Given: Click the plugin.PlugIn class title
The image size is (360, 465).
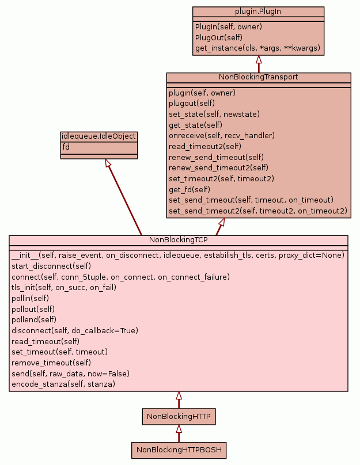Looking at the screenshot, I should click(259, 11).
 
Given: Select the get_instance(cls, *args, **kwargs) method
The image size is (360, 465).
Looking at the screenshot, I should click(257, 48).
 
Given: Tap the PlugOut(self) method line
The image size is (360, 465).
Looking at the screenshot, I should click(218, 37).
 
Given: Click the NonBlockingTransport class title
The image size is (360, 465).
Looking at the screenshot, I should click(259, 77).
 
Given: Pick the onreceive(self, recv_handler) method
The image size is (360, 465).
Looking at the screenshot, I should click(221, 135).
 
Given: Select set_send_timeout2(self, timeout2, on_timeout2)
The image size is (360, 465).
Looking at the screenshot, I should click(258, 211).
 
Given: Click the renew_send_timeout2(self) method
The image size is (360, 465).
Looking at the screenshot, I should click(218, 167).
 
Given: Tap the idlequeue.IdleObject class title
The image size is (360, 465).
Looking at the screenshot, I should click(98, 136).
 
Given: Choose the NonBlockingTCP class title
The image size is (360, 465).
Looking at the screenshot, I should click(178, 239).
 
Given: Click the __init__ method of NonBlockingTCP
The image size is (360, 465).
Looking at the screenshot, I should click(177, 255).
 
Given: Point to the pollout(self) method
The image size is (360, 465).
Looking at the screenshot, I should click(33, 309).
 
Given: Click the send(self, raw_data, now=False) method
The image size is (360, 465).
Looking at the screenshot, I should click(70, 373).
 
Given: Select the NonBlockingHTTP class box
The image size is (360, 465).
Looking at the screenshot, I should click(179, 416).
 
